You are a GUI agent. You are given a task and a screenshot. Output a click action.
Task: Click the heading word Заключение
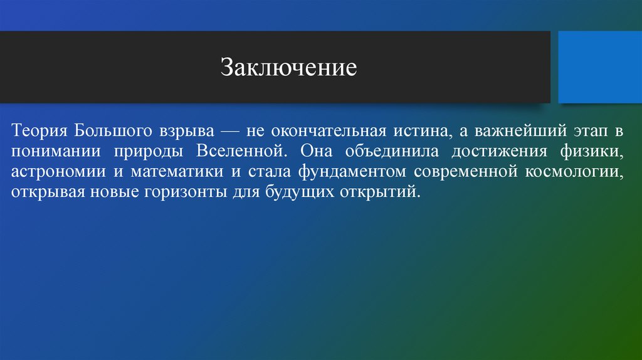tap(288, 67)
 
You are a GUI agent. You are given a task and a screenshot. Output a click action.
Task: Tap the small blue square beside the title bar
tap(599, 67)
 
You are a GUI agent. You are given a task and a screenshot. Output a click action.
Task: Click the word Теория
tap(39, 132)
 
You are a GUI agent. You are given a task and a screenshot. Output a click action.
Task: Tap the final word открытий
tap(382, 191)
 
